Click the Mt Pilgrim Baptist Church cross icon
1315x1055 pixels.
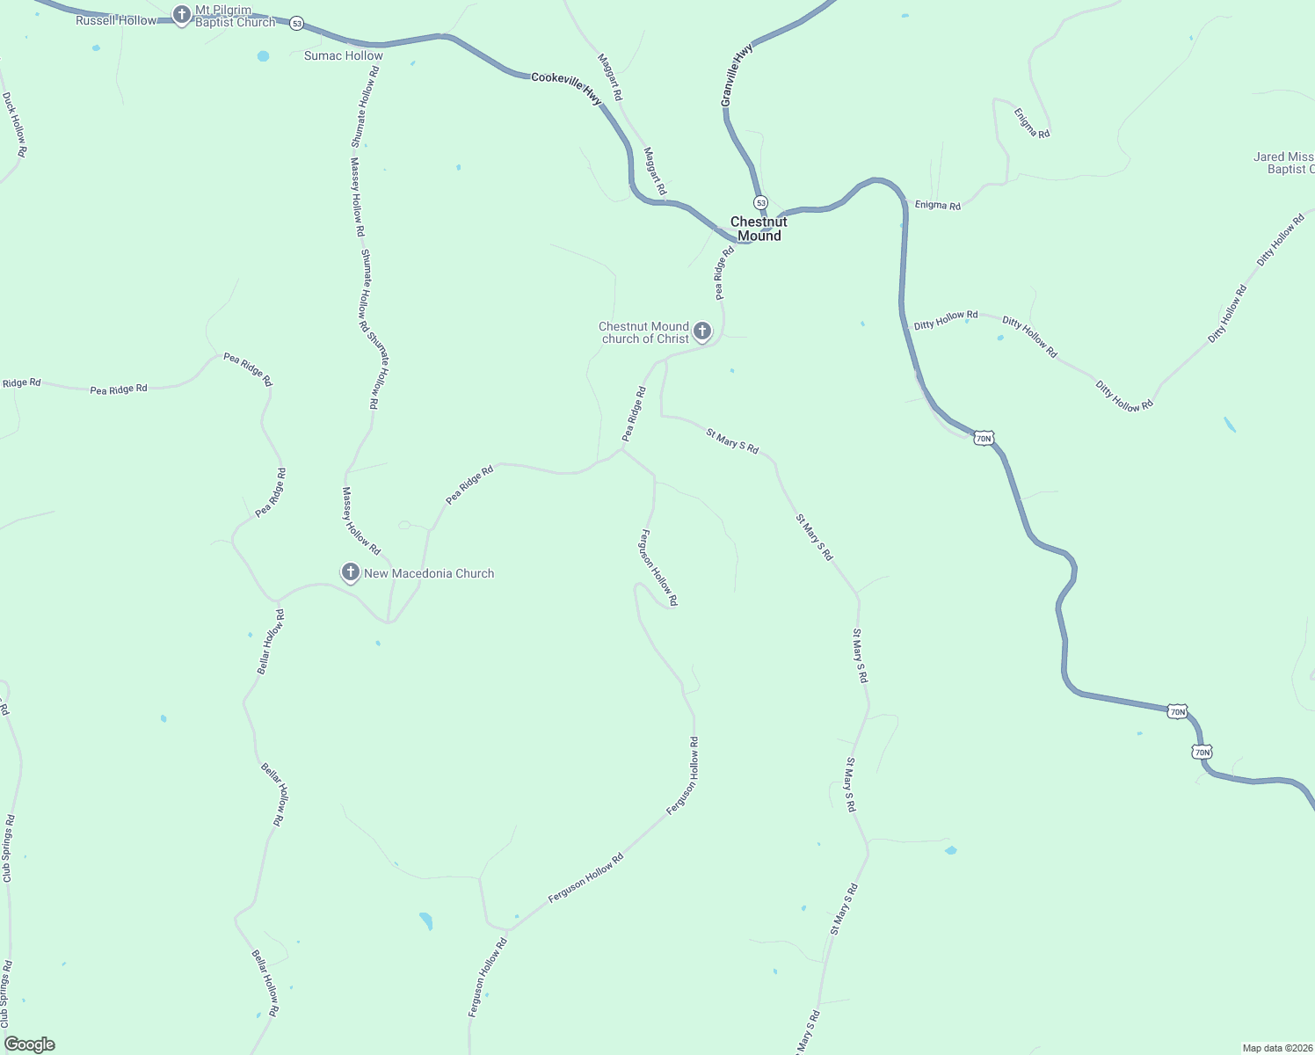[181, 14]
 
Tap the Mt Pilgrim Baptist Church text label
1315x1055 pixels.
[235, 17]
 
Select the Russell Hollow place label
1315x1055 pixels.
[115, 20]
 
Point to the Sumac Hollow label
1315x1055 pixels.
[343, 55]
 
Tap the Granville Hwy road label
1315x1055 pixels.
[737, 76]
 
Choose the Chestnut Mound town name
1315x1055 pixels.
[759, 229]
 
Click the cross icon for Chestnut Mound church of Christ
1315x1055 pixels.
[701, 331]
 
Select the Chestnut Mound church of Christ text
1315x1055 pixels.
[643, 332]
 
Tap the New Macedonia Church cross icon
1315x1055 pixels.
[350, 572]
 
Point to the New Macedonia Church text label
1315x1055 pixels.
[429, 573]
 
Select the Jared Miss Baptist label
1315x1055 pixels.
[1284, 163]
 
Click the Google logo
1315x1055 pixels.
[30, 1044]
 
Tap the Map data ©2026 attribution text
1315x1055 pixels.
[1276, 1048]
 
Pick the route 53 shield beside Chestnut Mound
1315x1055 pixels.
[760, 202]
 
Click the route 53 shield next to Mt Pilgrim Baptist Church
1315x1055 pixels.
[297, 24]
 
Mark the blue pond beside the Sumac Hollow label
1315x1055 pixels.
[263, 56]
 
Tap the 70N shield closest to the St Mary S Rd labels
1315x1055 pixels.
[983, 438]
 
